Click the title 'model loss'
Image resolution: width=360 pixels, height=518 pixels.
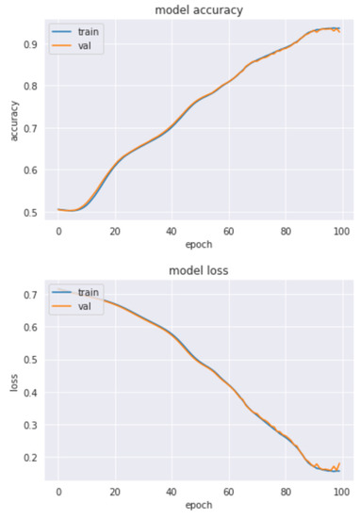point(199,270)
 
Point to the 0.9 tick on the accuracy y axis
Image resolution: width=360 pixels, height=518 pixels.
point(31,44)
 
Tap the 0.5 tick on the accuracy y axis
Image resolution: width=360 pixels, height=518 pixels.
point(31,213)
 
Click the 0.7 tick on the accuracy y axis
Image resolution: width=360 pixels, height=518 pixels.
point(31,128)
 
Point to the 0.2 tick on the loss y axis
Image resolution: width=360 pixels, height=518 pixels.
point(31,458)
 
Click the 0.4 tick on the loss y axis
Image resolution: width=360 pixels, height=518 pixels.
point(31,394)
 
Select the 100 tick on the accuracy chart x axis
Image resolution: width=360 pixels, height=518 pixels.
point(341,232)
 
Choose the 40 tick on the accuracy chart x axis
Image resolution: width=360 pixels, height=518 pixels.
point(171,232)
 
